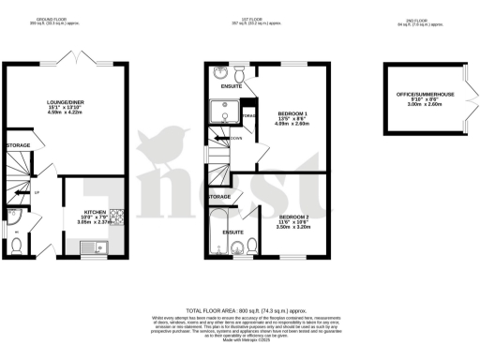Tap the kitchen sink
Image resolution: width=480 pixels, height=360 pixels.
[x=93, y=247]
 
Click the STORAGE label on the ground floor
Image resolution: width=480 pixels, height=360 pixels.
[x=18, y=146]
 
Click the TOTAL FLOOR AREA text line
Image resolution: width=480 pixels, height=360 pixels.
[x=240, y=309]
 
